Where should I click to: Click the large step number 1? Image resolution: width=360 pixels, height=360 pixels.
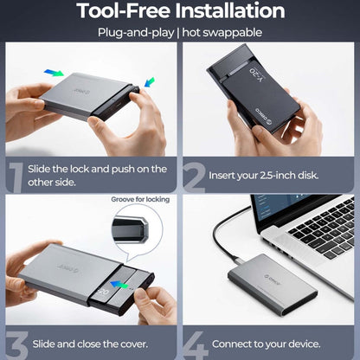16,175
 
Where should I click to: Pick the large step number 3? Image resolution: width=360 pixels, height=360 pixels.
15,344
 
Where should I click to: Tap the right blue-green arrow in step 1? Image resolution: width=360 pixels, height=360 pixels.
149,83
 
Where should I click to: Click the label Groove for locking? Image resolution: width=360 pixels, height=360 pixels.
139,199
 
